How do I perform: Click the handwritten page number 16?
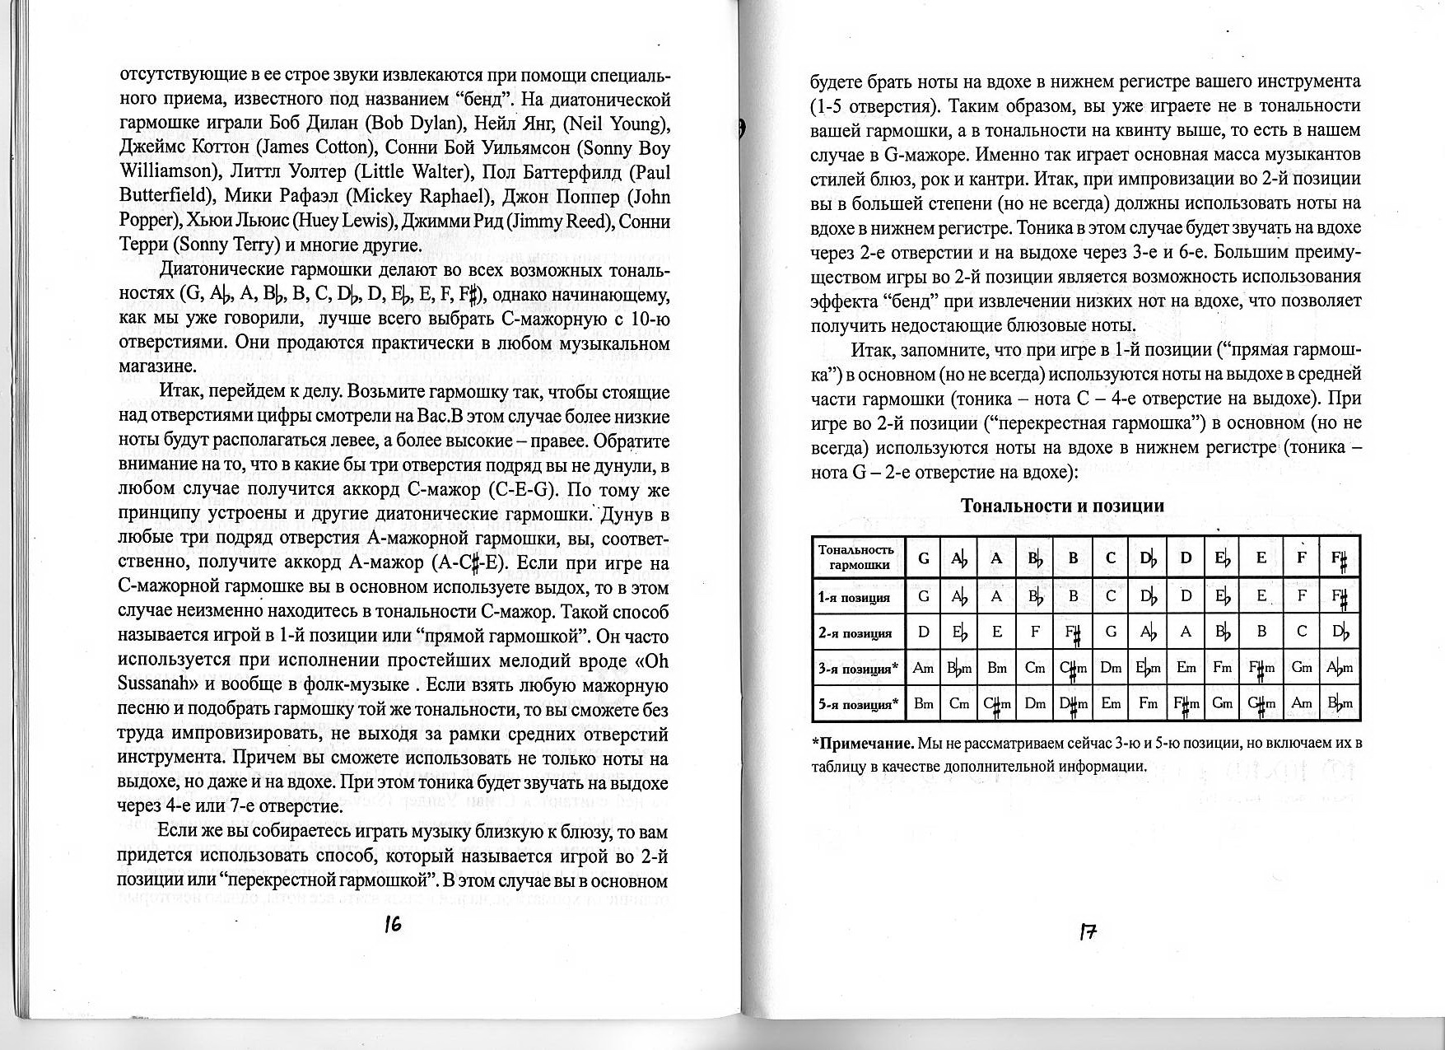(393, 925)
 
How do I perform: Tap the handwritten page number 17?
(1088, 932)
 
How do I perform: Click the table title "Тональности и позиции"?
(1063, 506)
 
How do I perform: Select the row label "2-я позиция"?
(855, 633)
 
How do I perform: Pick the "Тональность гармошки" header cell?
(856, 558)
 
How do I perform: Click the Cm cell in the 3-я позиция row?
(1035, 668)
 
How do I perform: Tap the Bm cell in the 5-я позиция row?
(923, 703)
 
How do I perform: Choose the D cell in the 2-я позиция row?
(923, 632)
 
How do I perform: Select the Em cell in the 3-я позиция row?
(1186, 668)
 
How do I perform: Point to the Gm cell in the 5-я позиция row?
(1222, 703)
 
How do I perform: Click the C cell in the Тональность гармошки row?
(1110, 558)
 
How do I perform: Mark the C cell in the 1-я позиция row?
(1110, 596)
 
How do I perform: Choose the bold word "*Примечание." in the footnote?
(864, 744)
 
